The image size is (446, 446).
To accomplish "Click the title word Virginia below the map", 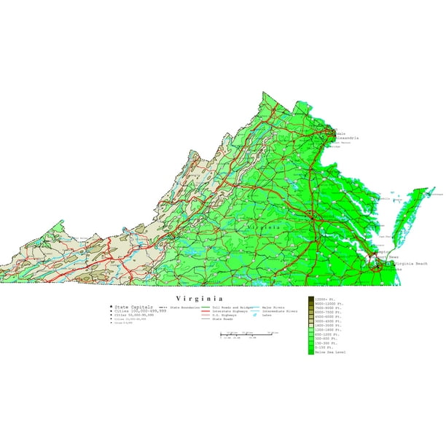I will click(199, 299).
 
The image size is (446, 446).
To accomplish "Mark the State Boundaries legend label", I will click(184, 308).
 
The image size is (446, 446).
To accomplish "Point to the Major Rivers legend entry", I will click(273, 308).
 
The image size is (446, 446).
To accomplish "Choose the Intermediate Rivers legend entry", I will click(281, 312).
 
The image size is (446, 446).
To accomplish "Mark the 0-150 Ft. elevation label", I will click(327, 348).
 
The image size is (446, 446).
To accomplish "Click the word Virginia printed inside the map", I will click(263, 228).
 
